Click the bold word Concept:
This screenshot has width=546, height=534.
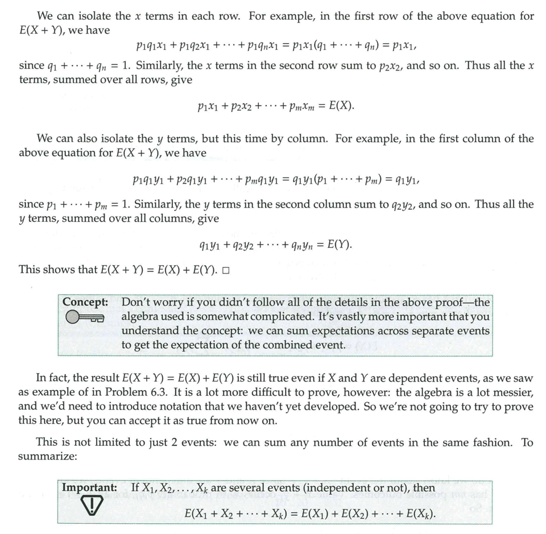click(x=85, y=302)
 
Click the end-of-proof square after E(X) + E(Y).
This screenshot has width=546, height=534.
click(x=226, y=270)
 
